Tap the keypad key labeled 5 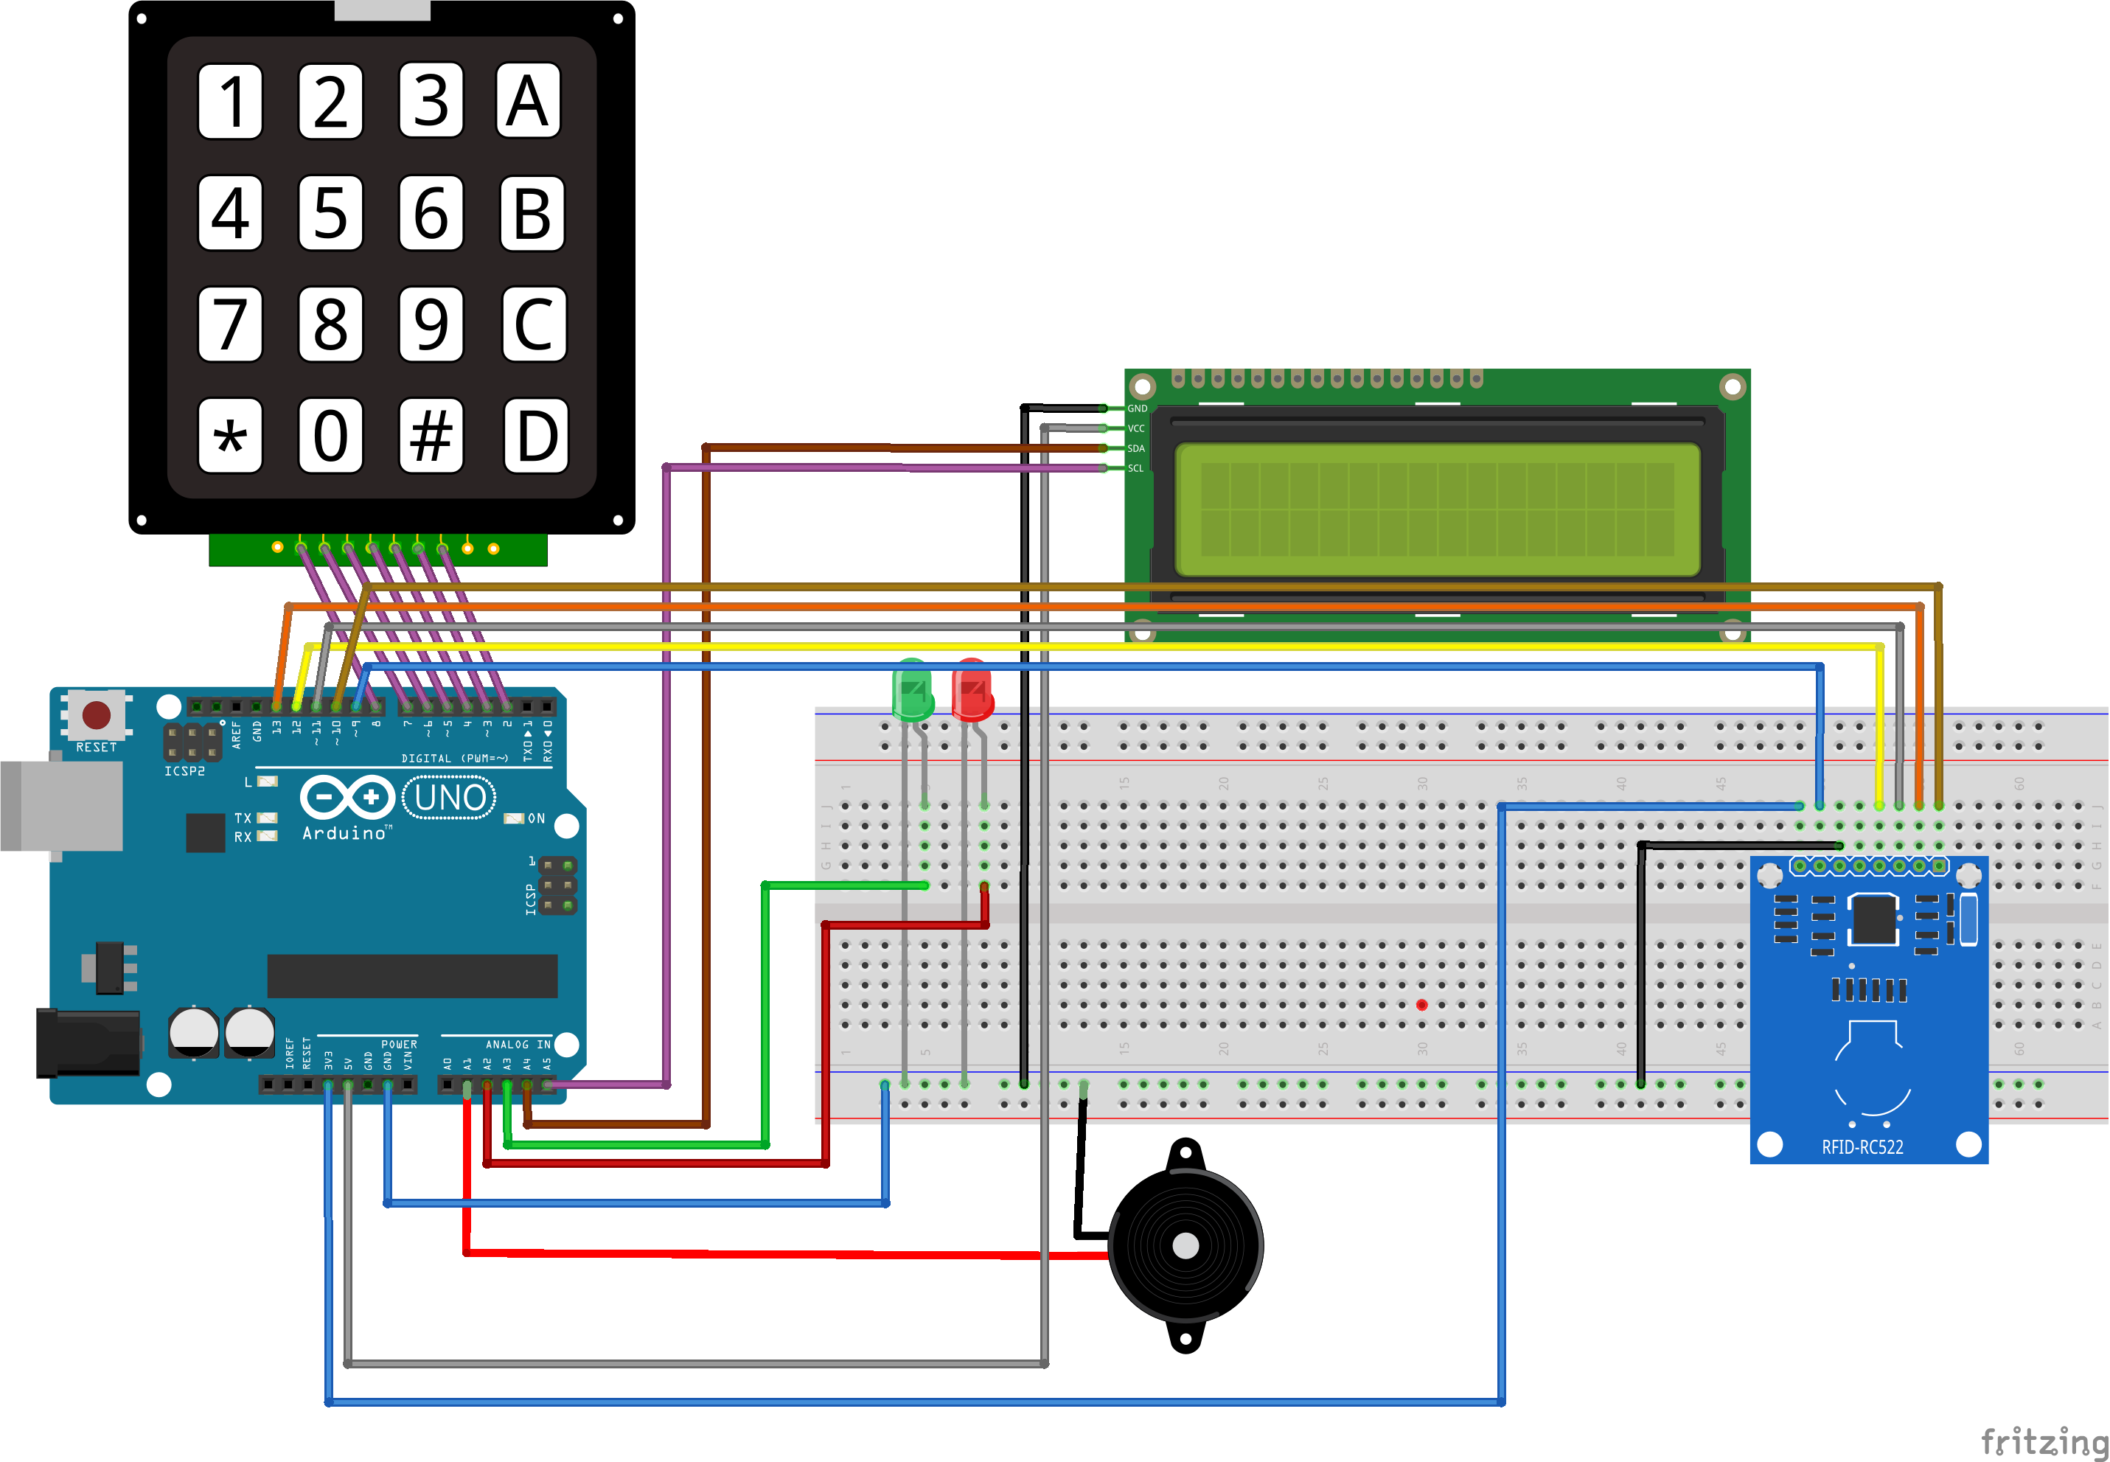tap(330, 212)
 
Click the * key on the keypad tap(230, 436)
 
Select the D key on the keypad tap(536, 436)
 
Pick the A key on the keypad tap(528, 101)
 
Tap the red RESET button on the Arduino tap(96, 714)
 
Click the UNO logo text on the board tap(450, 798)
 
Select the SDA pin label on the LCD tap(1135, 449)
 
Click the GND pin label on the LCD tap(1137, 408)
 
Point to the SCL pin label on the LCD tap(1135, 469)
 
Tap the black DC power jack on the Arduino tap(87, 1043)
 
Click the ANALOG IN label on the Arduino tap(518, 1044)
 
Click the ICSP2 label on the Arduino tap(184, 771)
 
